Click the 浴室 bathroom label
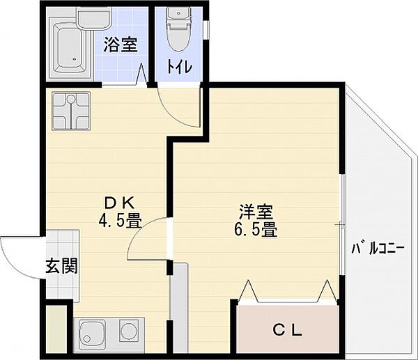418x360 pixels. tap(121, 45)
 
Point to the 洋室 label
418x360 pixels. tap(256, 212)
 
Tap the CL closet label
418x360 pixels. tap(287, 331)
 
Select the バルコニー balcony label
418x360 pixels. tap(378, 249)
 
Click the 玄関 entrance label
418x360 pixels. tap(62, 266)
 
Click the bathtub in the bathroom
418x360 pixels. tap(70, 48)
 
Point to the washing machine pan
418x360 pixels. tap(71, 111)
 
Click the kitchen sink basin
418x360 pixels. tap(93, 334)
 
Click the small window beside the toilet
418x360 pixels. tap(206, 30)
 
